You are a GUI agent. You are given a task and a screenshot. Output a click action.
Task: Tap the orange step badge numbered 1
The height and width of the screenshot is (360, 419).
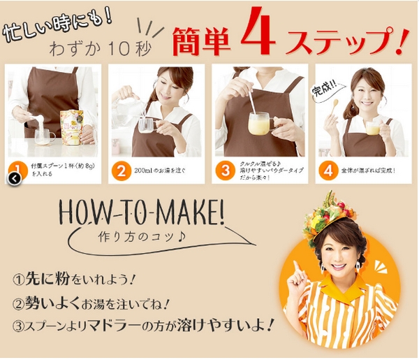(x=17, y=169)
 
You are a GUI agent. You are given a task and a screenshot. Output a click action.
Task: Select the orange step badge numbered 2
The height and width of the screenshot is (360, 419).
(x=121, y=170)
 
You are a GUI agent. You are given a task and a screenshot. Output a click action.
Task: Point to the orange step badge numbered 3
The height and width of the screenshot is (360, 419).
(x=224, y=170)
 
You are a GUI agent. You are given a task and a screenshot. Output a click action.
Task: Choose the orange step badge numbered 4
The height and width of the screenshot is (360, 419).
(x=327, y=170)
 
